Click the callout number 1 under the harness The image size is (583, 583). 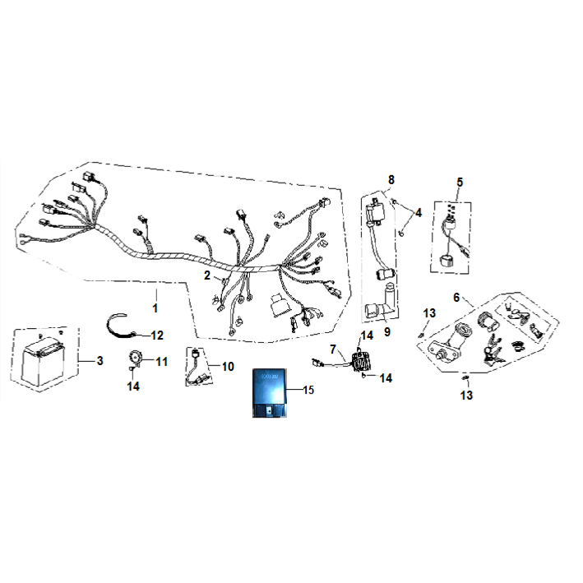pos(155,308)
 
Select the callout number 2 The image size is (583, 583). pos(207,275)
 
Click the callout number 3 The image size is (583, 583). pos(99,361)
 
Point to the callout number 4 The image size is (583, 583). pos(419,213)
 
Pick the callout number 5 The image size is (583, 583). pos(460,183)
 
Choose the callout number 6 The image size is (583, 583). pos(456,298)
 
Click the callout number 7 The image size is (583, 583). pos(333,349)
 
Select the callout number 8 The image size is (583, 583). pos(391,180)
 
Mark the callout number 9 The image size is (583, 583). pos(387,331)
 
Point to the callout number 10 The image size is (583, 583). pos(228,367)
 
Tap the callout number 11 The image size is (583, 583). pos(162,362)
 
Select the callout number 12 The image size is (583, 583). pos(157,335)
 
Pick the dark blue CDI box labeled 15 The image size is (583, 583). pos(270,392)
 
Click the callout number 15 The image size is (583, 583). pos(308,390)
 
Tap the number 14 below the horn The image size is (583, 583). pos(133,386)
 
